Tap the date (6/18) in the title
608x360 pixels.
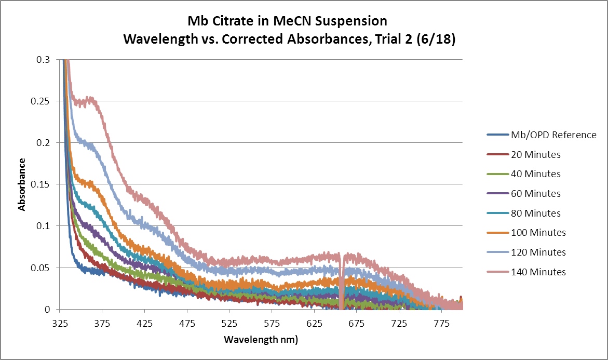(x=435, y=39)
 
